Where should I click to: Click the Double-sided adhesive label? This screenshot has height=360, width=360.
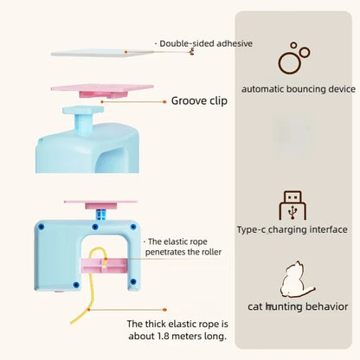(x=206, y=43)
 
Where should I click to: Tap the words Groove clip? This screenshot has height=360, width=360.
(x=199, y=100)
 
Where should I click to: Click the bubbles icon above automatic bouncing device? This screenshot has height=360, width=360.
(x=293, y=58)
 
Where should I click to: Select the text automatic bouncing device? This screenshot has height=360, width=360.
(x=299, y=89)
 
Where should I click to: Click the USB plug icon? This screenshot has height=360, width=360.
(x=292, y=205)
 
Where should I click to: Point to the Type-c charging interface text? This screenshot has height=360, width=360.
(x=292, y=229)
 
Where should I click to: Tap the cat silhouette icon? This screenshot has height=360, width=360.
(x=297, y=280)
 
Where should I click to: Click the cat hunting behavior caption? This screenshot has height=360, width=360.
(x=298, y=306)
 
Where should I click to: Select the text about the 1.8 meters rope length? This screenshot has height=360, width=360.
(x=177, y=330)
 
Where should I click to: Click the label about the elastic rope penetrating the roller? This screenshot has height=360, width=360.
(x=183, y=247)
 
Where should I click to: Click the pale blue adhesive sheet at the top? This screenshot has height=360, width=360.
(x=102, y=53)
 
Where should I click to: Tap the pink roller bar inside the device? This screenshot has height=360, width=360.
(x=105, y=266)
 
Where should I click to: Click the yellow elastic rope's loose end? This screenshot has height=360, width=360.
(x=71, y=323)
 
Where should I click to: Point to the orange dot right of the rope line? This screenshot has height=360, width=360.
(x=164, y=310)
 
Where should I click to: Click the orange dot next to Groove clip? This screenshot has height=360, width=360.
(x=164, y=102)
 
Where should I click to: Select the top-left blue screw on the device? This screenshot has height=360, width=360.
(x=41, y=227)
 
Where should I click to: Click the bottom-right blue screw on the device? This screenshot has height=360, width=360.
(x=132, y=281)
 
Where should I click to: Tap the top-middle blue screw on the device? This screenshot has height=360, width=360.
(x=95, y=227)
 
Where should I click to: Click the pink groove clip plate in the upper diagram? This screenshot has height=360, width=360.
(x=102, y=90)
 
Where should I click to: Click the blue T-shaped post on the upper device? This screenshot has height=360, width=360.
(x=83, y=118)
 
